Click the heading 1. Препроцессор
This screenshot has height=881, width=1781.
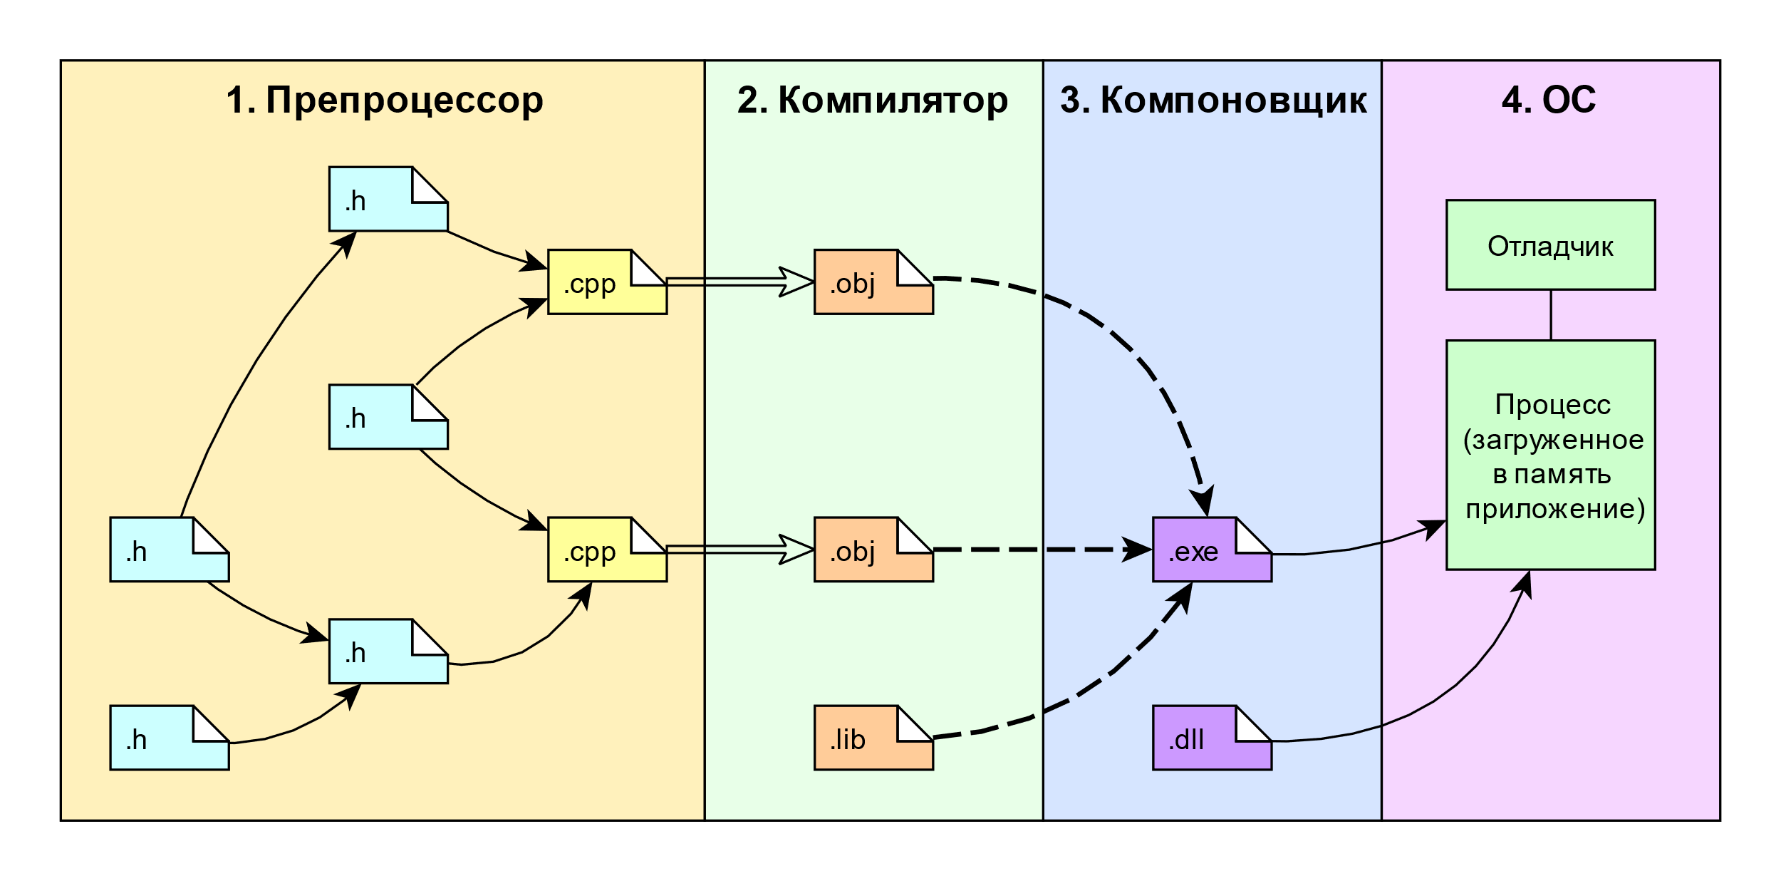pos(385,101)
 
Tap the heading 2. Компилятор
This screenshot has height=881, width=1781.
pos(873,101)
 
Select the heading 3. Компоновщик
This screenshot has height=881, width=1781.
pos(1213,101)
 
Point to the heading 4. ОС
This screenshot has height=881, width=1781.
pos(1549,101)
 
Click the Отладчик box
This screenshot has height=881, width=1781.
pos(1550,245)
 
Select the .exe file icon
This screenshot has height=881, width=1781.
pos(1211,550)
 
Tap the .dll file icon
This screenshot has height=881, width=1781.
pos(1211,738)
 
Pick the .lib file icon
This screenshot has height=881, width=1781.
pos(873,738)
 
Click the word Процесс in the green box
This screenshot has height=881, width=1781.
pos(1552,405)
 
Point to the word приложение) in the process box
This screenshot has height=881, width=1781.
pos(1555,509)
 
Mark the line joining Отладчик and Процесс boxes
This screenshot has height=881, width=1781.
pos(1551,315)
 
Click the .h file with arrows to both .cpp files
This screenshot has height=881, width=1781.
pos(388,418)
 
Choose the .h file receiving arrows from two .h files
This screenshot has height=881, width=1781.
pos(388,651)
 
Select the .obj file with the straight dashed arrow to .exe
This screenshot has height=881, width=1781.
pos(873,550)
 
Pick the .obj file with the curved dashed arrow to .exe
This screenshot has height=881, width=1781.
pos(873,282)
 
